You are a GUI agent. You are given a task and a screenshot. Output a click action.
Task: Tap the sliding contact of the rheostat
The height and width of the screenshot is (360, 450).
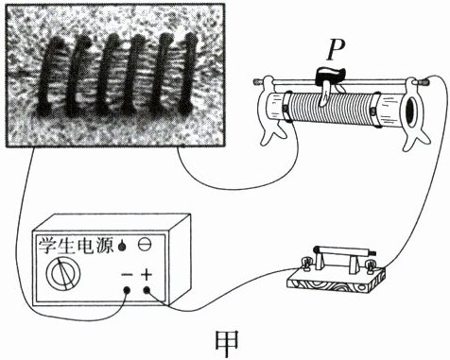tap(328, 84)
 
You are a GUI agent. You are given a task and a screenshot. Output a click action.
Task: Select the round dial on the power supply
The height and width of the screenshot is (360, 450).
tap(63, 273)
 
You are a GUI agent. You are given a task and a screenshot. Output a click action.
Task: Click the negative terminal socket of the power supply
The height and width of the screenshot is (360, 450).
tap(127, 290)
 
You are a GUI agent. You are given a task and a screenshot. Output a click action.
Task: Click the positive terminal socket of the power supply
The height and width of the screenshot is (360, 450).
tap(147, 290)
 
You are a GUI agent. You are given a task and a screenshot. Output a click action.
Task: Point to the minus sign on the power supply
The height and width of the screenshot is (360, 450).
tap(127, 274)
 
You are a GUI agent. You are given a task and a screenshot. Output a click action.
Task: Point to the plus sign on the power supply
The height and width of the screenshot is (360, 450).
tap(147, 275)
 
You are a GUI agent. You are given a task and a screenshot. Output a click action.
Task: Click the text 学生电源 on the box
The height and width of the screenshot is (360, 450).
tap(76, 245)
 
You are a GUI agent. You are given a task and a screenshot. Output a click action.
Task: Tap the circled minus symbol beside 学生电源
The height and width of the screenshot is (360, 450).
tap(145, 245)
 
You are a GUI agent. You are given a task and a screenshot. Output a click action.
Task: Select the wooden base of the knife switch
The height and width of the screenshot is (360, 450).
tap(337, 281)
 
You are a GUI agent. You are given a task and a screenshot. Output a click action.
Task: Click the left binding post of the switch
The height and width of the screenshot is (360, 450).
tap(304, 265)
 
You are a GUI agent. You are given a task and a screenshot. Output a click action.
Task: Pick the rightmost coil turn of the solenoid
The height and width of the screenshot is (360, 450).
tap(187, 73)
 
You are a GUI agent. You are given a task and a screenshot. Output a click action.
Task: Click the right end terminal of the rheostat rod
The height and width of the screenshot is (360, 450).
tap(424, 83)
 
